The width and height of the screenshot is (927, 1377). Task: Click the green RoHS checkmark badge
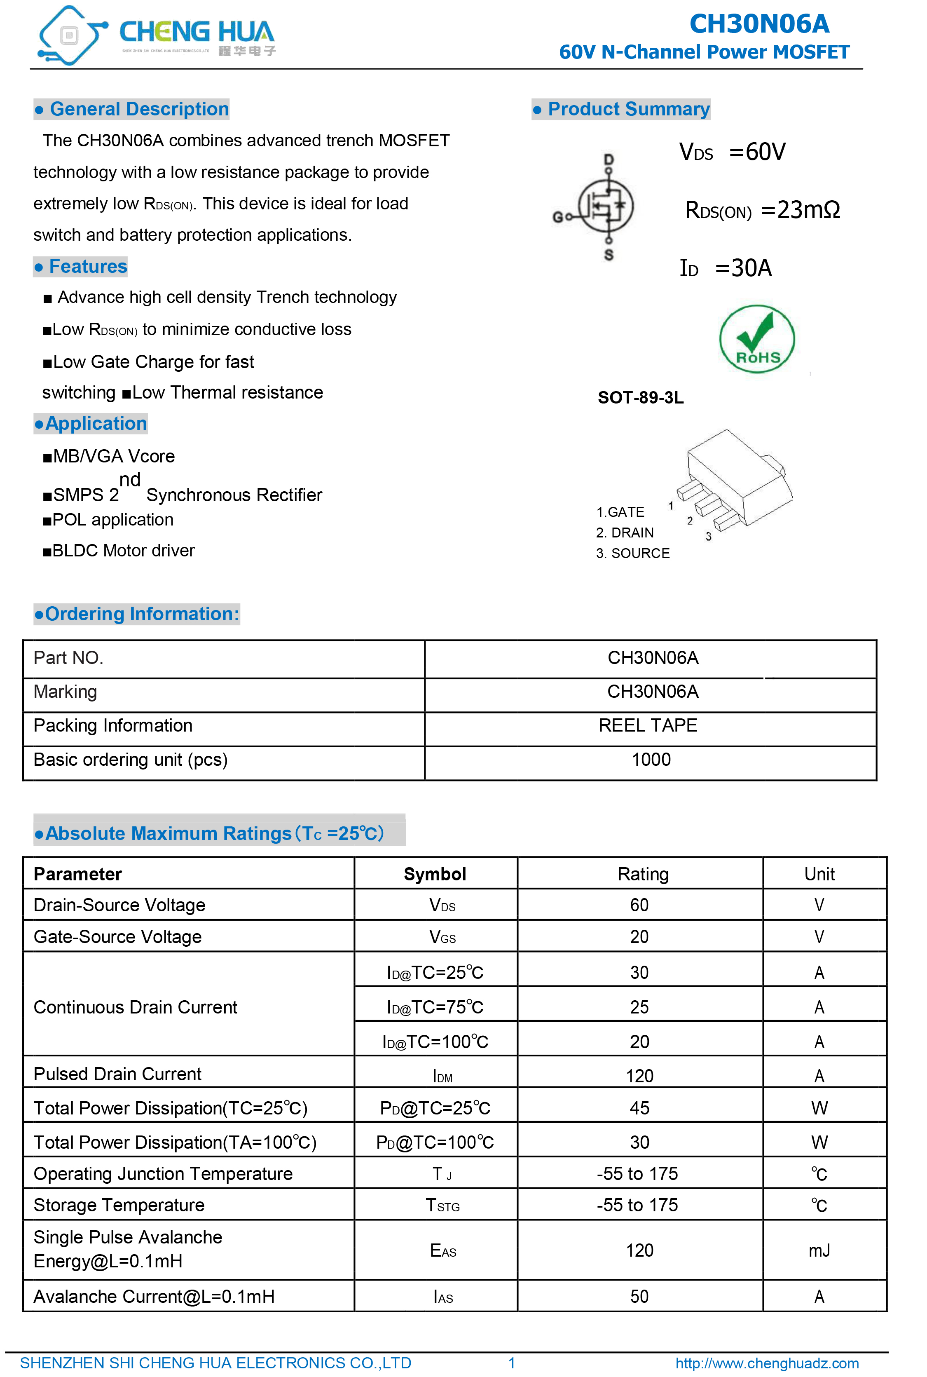pyautogui.click(x=757, y=339)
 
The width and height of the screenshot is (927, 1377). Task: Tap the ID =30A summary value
pyautogui.click(x=726, y=268)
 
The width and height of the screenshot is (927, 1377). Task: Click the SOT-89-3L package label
pyautogui.click(x=640, y=397)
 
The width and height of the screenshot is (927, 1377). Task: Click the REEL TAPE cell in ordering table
pyautogui.click(x=648, y=725)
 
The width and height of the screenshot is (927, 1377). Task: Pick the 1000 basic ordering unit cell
pyautogui.click(x=651, y=760)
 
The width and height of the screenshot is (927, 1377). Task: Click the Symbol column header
pyautogui.click(x=435, y=874)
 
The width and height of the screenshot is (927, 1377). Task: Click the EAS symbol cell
pyautogui.click(x=443, y=1250)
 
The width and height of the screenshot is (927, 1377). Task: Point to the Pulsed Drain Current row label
pyautogui.click(x=118, y=1074)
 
